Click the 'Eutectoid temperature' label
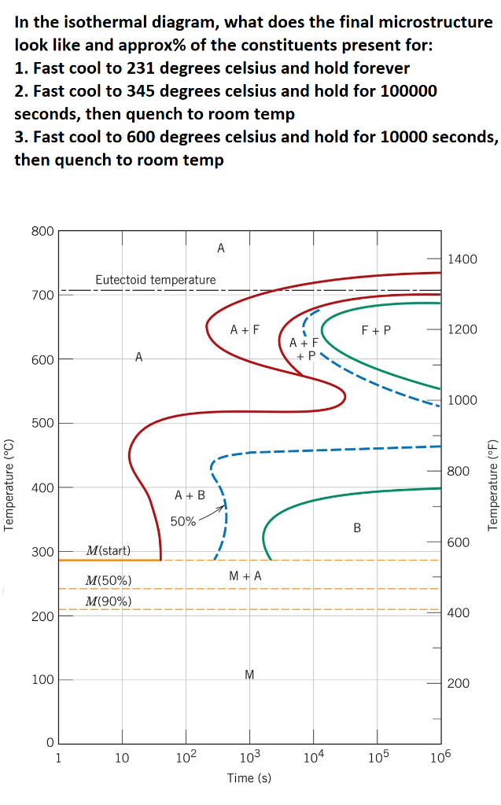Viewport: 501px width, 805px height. (155, 280)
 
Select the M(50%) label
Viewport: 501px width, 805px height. (108, 580)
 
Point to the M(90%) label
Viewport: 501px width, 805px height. (108, 601)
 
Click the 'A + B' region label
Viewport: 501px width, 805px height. (190, 495)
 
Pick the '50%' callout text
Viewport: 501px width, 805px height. (182, 522)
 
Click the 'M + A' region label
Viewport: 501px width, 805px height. (245, 576)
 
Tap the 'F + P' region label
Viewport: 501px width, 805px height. (376, 330)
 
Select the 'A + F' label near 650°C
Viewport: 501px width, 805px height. (245, 330)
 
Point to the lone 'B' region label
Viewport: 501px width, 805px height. (357, 528)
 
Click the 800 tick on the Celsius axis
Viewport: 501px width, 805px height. (43, 231)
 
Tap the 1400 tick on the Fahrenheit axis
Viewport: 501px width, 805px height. (462, 259)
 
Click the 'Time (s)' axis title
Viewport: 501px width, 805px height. (249, 778)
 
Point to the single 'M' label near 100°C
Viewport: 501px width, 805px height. (249, 675)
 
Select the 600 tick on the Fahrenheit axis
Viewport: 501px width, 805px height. (459, 542)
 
